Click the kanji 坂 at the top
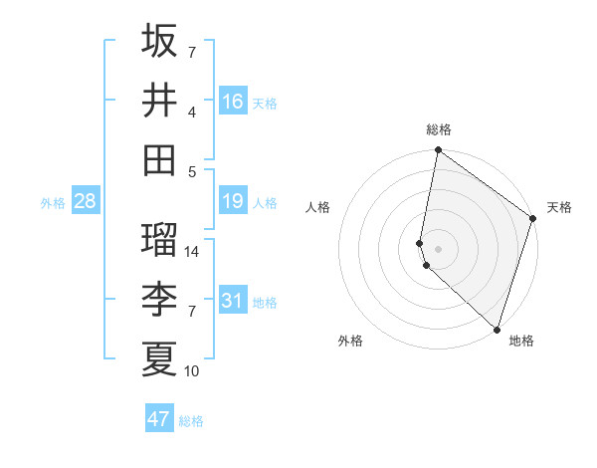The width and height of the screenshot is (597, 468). coord(159,41)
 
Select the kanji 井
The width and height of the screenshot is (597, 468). coord(159,101)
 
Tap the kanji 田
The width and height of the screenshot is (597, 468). coord(159,159)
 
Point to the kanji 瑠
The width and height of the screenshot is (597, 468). coord(159,240)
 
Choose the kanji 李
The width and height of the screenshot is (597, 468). coord(159,300)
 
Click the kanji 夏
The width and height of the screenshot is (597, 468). coord(159,358)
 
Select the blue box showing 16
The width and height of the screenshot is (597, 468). coord(233,101)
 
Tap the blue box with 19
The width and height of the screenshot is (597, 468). coord(233,201)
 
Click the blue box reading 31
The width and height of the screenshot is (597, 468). coord(233,300)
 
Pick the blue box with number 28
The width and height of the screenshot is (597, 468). coord(85,201)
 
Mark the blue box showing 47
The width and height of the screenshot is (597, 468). coord(158,419)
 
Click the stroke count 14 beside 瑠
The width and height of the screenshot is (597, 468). coord(192,251)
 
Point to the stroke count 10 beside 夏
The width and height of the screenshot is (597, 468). coord(192,370)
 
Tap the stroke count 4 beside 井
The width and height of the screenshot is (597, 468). coord(192,112)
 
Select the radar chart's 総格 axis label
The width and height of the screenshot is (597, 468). coord(439,129)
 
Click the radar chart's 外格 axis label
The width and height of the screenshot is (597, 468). coord(350,341)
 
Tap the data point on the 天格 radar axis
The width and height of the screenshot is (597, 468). coord(533,219)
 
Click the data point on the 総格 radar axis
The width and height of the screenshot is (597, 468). coord(439,151)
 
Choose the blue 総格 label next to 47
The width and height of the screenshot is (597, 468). coord(191,421)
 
